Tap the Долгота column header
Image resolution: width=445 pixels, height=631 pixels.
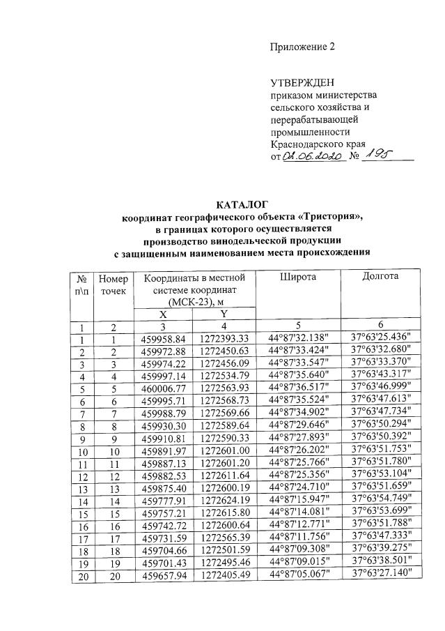pyautogui.click(x=381, y=277)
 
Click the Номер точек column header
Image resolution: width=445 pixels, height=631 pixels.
pyautogui.click(x=114, y=284)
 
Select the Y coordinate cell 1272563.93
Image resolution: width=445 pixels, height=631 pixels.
pyautogui.click(x=224, y=388)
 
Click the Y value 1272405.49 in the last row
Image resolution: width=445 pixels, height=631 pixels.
pyautogui.click(x=224, y=573)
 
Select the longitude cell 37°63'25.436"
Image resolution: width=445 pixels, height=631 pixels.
pyautogui.click(x=382, y=338)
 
